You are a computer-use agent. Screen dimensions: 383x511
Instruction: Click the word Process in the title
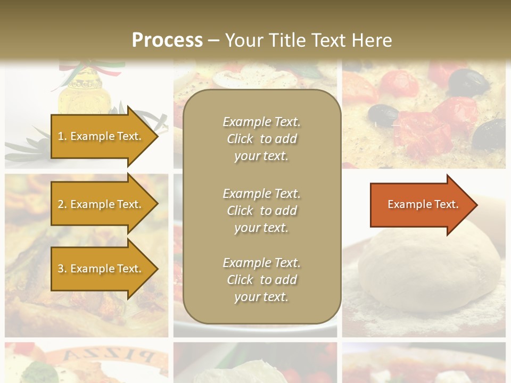click(167, 40)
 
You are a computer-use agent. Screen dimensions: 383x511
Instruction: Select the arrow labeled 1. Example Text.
click(101, 137)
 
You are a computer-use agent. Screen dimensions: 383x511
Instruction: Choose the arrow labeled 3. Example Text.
click(101, 269)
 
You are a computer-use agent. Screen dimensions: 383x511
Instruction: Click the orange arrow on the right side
click(421, 205)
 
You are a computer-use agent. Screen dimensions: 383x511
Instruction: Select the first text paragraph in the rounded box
click(261, 139)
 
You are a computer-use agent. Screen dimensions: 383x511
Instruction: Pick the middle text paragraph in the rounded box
click(261, 211)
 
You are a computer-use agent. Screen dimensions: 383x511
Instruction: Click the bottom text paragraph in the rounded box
click(261, 280)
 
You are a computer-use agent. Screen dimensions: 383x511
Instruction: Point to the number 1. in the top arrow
click(62, 137)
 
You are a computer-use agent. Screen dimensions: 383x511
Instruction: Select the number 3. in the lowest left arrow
click(62, 269)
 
